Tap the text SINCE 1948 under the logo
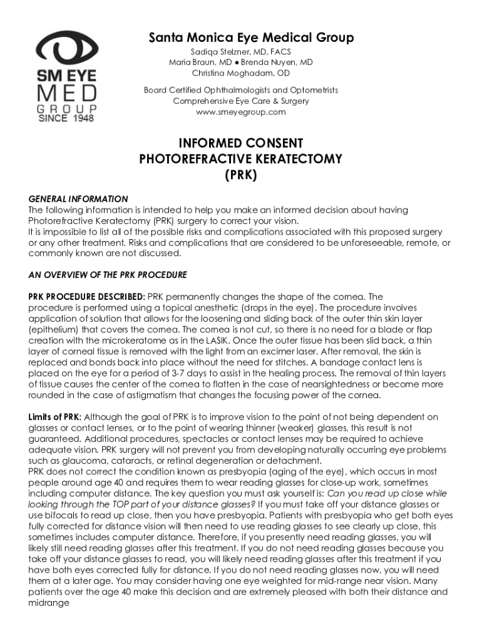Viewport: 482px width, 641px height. pyautogui.click(x=66, y=118)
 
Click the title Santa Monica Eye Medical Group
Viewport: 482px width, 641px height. pyautogui.click(x=251, y=38)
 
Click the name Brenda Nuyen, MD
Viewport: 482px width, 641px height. pyautogui.click(x=277, y=63)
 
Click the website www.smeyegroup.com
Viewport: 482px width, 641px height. pyautogui.click(x=241, y=112)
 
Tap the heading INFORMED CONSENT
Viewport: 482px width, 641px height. pyautogui.click(x=241, y=143)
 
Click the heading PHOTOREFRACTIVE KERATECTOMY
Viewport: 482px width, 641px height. pyautogui.click(x=241, y=159)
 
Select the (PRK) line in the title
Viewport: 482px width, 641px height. pyautogui.click(x=241, y=175)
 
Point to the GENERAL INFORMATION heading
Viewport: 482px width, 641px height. pyautogui.click(x=78, y=199)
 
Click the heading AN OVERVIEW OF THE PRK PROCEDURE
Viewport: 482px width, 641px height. pyautogui.click(x=108, y=275)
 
